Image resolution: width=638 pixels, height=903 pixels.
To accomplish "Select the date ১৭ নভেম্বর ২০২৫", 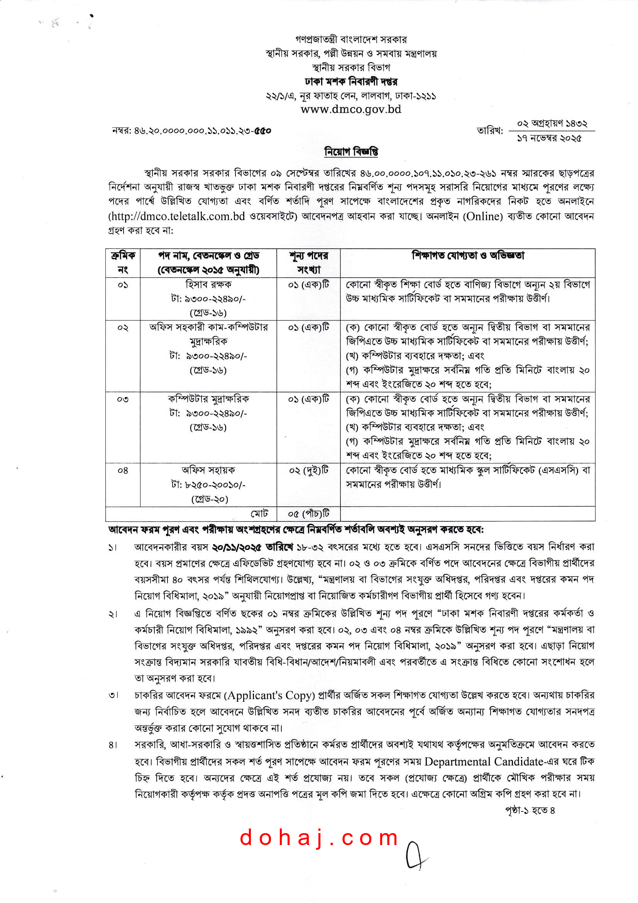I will click(549, 138).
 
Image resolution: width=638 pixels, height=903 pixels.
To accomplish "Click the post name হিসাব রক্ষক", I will click(208, 284).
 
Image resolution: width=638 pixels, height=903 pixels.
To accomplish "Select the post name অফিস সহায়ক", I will click(208, 470).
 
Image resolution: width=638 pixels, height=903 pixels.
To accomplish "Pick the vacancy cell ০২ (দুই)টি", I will click(309, 470).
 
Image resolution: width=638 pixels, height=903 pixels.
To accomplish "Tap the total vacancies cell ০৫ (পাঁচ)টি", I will click(309, 513).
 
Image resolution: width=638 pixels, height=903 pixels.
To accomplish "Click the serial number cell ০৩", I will click(123, 399).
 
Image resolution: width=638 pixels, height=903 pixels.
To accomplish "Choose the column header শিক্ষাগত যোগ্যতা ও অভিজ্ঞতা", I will click(467, 256).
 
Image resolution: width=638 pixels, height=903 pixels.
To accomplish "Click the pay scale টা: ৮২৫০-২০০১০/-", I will click(208, 485).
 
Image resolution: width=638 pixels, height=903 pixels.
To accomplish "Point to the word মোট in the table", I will click(259, 513).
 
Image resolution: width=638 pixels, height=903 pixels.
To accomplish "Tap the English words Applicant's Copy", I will click(269, 695).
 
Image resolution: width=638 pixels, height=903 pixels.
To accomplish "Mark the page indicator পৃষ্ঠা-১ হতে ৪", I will click(530, 810).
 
